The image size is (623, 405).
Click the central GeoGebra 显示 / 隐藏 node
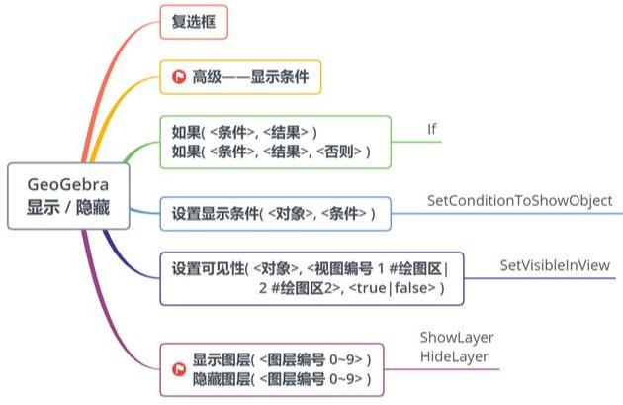tap(69, 196)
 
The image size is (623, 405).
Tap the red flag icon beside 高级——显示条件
tap(178, 76)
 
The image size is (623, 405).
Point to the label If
tap(431, 129)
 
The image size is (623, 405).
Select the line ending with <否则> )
tap(272, 152)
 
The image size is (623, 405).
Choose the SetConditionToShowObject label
tap(519, 201)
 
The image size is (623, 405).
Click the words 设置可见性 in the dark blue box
tap(208, 267)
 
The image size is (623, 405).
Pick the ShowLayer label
tap(456, 338)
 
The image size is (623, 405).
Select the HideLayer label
tap(453, 355)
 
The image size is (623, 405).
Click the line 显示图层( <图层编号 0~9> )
tap(282, 359)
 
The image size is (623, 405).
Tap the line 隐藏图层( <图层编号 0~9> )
tap(282, 379)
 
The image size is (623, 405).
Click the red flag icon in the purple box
tap(178, 369)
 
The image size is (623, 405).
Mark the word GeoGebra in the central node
tap(69, 185)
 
